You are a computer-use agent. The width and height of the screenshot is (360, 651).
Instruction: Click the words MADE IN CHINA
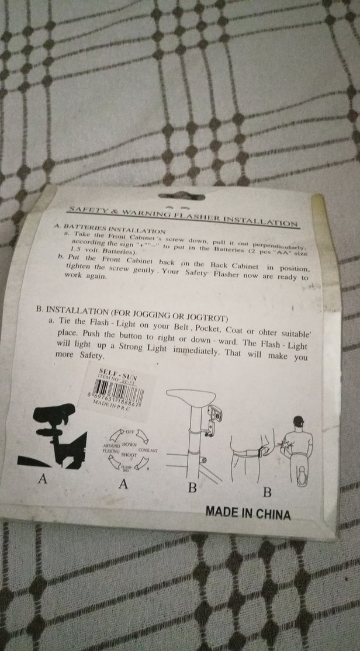click(248, 513)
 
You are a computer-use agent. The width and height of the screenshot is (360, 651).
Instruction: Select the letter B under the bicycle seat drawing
click(192, 489)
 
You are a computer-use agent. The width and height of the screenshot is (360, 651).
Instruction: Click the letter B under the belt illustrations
click(267, 491)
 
